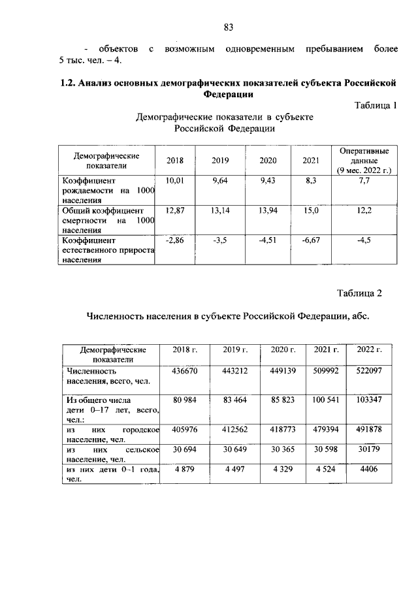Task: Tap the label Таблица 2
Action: point(359,292)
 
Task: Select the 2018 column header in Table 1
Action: point(175,161)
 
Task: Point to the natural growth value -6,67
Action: point(311,240)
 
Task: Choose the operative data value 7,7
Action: point(364,180)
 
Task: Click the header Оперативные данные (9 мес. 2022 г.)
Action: point(364,160)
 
